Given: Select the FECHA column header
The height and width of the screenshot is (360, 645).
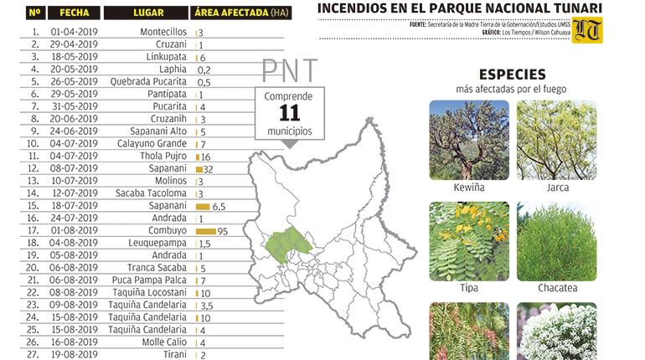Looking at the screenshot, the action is pyautogui.click(x=75, y=13).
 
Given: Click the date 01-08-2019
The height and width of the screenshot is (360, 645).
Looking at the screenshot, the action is pyautogui.click(x=75, y=230).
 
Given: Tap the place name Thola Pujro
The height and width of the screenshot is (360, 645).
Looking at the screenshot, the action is pyautogui.click(x=164, y=157).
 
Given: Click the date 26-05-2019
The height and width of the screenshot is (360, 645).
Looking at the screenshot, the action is pyautogui.click(x=75, y=82).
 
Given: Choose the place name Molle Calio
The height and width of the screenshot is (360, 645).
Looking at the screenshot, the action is pyautogui.click(x=163, y=342).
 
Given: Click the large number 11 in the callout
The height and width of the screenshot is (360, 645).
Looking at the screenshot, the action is pyautogui.click(x=289, y=114).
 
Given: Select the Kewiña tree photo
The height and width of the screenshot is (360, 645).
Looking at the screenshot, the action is pyautogui.click(x=468, y=141).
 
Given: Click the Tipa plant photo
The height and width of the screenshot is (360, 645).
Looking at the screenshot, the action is pyautogui.click(x=468, y=240).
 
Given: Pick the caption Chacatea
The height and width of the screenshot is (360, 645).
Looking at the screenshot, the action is pyautogui.click(x=557, y=288).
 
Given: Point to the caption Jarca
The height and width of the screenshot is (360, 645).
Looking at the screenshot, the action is pyautogui.click(x=557, y=188).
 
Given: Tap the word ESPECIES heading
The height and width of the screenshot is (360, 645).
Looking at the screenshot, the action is pyautogui.click(x=513, y=75).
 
